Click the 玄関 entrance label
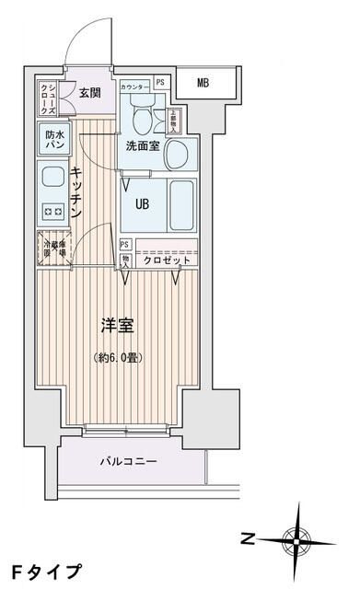pos(89,92)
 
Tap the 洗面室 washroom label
pos(143,144)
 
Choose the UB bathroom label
pos(143,204)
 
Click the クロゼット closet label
pos(167,260)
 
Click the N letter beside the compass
pos(248,537)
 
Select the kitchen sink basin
pos(52,176)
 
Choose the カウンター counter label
pos(136,82)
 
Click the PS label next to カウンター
pos(161,82)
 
